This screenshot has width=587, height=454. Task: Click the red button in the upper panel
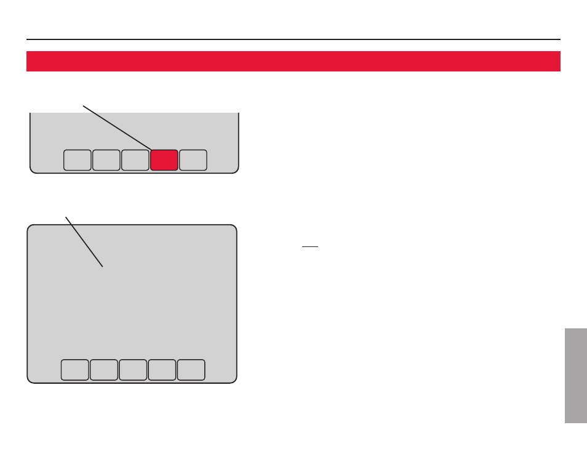tap(164, 160)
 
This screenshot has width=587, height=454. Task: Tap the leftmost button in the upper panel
tap(77, 160)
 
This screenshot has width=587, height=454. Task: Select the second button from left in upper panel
tap(106, 160)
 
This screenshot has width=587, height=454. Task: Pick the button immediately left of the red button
tap(135, 160)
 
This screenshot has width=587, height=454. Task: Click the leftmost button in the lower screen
tap(74, 370)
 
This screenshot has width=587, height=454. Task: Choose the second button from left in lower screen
tap(103, 370)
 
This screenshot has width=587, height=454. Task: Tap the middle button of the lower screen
tap(133, 370)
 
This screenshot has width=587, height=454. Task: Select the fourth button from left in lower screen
tap(162, 370)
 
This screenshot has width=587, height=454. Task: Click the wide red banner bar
tap(293, 62)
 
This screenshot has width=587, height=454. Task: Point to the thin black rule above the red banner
tap(293, 39)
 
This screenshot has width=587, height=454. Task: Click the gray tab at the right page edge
tap(575, 376)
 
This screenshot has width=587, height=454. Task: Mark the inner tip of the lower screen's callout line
tap(102, 266)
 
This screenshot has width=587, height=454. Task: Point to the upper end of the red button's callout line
tap(84, 106)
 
